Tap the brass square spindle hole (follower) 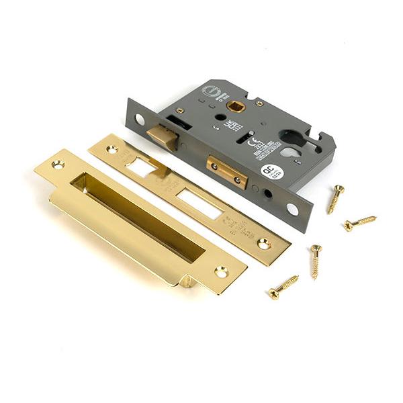click(236, 105)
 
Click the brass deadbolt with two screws click(226, 171)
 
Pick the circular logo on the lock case click(210, 91)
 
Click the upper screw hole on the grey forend click(139, 119)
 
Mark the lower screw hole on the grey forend click(292, 209)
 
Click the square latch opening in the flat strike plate click(143, 165)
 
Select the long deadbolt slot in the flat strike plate click(199, 203)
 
